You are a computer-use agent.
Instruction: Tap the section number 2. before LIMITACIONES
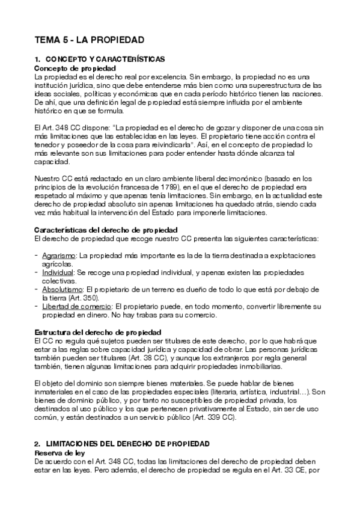(38, 443)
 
